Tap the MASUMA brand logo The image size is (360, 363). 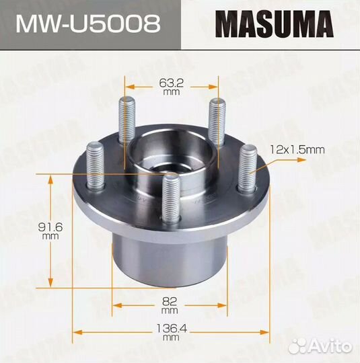273,24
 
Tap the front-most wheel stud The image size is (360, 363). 172,196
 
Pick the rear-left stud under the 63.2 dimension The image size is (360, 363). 126,120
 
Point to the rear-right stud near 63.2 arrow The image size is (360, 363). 216,118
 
